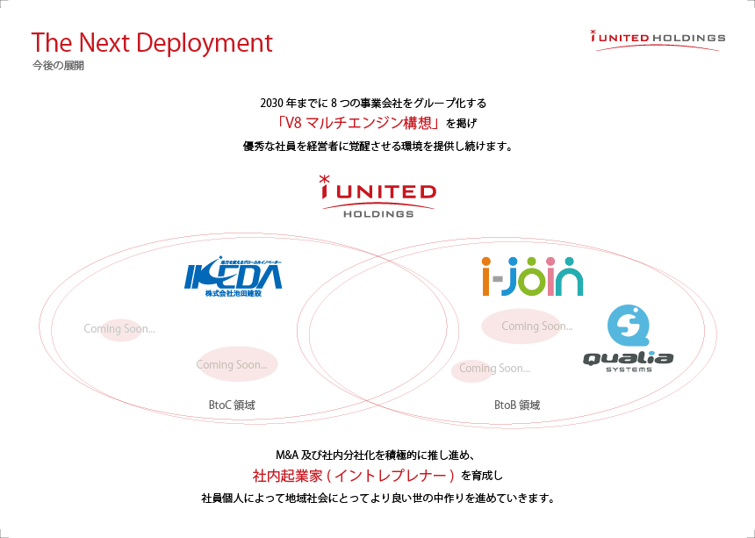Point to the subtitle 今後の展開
tap(57, 66)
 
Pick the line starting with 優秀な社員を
tap(377, 146)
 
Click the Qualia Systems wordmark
tap(629, 360)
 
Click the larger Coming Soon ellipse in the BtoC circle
tap(238, 364)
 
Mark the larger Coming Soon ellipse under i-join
tap(521, 326)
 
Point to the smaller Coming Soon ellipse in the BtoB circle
tap(472, 369)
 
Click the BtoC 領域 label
tap(232, 405)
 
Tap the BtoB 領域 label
tap(517, 405)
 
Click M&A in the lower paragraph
tap(287, 456)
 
